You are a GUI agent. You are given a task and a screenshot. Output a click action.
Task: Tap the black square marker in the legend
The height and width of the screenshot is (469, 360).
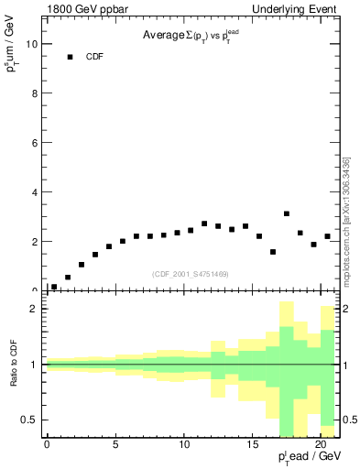click(70, 57)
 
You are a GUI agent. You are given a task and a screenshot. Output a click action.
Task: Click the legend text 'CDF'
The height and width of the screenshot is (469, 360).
click(95, 57)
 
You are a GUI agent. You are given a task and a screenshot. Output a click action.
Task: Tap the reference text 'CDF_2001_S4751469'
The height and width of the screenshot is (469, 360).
click(191, 273)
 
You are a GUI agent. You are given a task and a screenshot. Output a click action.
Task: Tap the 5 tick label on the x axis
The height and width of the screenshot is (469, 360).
click(115, 445)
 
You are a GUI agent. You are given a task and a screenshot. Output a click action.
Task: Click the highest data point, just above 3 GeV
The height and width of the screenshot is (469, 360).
click(287, 213)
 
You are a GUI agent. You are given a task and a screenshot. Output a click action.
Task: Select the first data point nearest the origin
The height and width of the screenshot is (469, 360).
click(54, 287)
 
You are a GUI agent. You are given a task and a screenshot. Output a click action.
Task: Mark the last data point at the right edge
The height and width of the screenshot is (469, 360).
click(327, 236)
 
